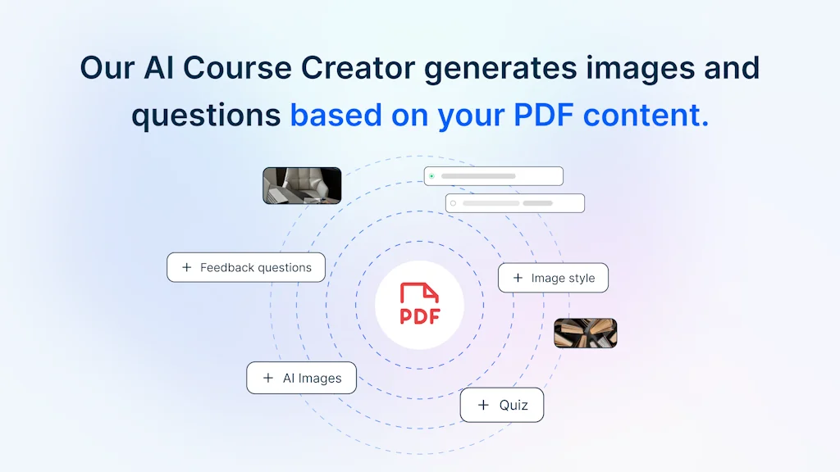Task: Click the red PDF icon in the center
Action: coord(419,304)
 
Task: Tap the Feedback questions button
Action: coord(246,267)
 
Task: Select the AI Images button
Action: coord(302,378)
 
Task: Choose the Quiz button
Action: coord(501,405)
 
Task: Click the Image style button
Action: coord(553,278)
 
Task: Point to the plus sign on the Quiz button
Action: coord(483,405)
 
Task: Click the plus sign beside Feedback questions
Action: coord(187,267)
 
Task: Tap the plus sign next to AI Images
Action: coord(267,378)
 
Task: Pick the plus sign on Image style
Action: coord(518,278)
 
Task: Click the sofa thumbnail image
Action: coord(301,185)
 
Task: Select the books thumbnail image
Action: coord(585,333)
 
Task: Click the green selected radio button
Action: coord(431,176)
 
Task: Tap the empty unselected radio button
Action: coord(453,203)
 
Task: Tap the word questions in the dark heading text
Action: coord(206,116)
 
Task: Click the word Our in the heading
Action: coord(107,67)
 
